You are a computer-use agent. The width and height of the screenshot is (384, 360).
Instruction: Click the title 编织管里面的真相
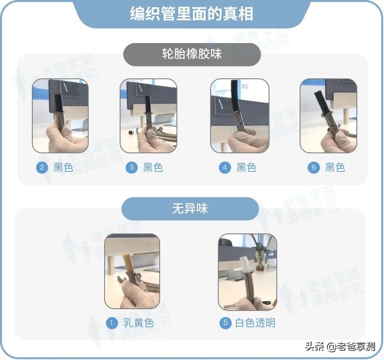click(192, 14)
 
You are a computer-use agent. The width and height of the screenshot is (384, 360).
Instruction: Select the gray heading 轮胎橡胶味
click(192, 54)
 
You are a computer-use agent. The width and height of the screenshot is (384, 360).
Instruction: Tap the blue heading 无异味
click(190, 209)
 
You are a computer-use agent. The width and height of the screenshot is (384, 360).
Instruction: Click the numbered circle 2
click(42, 168)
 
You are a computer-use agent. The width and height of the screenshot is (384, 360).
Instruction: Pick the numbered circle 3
click(132, 168)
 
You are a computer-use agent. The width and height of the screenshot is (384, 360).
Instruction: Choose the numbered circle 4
click(225, 168)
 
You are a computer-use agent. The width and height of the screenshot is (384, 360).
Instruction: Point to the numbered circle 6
click(313, 168)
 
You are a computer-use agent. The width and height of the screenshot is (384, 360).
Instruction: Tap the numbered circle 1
click(112, 323)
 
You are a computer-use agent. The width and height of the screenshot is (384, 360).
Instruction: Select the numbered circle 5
click(225, 323)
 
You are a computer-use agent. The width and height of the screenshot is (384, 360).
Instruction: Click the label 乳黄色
click(138, 323)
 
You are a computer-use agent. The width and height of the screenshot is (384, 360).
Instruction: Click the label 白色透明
click(255, 323)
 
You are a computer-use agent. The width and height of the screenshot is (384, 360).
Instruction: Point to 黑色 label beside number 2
click(63, 168)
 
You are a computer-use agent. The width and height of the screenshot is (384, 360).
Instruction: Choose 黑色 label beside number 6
click(335, 168)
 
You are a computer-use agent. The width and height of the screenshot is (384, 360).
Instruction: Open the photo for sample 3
click(149, 116)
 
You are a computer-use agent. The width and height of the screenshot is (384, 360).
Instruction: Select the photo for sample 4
click(239, 116)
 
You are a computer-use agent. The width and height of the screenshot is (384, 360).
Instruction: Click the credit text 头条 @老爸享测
click(340, 346)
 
